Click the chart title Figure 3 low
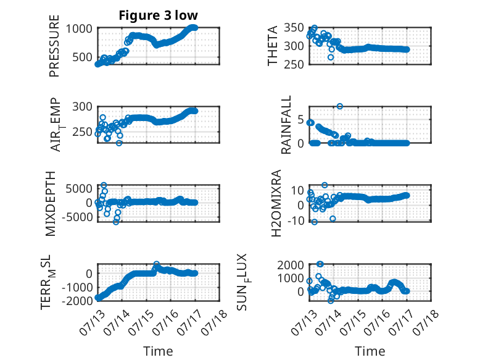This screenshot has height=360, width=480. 159,15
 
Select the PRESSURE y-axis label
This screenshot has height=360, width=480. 54,46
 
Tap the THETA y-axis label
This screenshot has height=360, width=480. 272,46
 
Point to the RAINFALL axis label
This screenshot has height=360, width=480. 286,125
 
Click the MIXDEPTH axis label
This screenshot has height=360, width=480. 50,204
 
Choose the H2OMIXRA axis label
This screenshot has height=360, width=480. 276,203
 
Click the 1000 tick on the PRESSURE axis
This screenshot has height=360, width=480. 79,28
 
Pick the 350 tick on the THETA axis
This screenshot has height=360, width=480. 294,28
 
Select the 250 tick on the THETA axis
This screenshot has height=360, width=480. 294,64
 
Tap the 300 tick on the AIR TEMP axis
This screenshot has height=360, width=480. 82,107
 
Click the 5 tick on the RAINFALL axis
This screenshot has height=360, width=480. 300,119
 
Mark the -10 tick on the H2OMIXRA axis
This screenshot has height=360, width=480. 297,220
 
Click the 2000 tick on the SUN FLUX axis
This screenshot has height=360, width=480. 291,265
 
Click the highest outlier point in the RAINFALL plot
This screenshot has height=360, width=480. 339,106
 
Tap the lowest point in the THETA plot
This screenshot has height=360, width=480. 330,57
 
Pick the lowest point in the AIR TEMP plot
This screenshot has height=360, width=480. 119,143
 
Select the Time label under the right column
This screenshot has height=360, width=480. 370,351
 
